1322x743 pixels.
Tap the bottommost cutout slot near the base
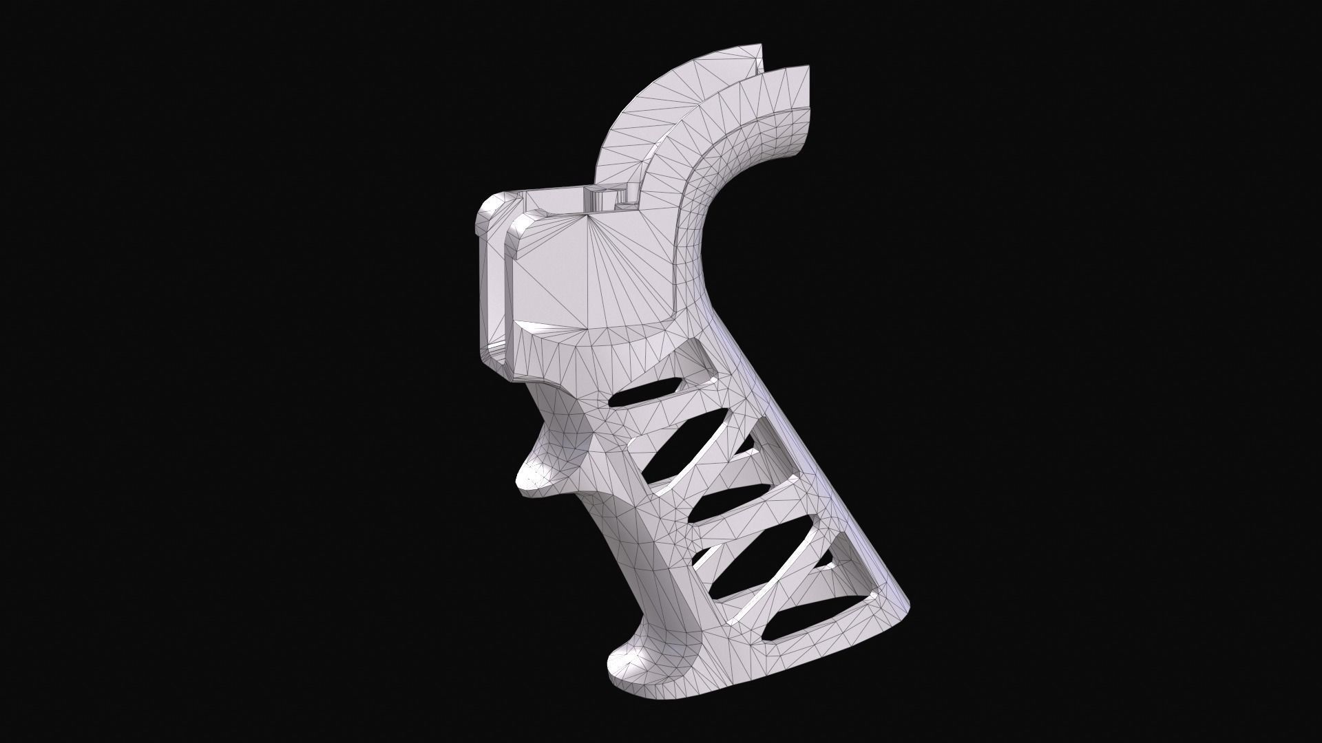pos(802,619)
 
